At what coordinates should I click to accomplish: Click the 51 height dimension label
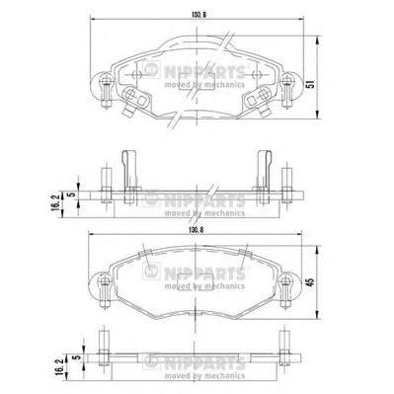(x=311, y=84)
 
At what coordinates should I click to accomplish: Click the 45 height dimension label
(x=311, y=281)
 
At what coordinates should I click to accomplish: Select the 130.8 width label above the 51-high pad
(x=197, y=15)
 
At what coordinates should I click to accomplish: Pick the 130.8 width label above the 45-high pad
(x=197, y=230)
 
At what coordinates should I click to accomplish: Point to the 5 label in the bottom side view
(x=75, y=357)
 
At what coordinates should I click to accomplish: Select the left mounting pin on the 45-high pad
(x=105, y=290)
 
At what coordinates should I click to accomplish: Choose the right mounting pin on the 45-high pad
(x=285, y=290)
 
